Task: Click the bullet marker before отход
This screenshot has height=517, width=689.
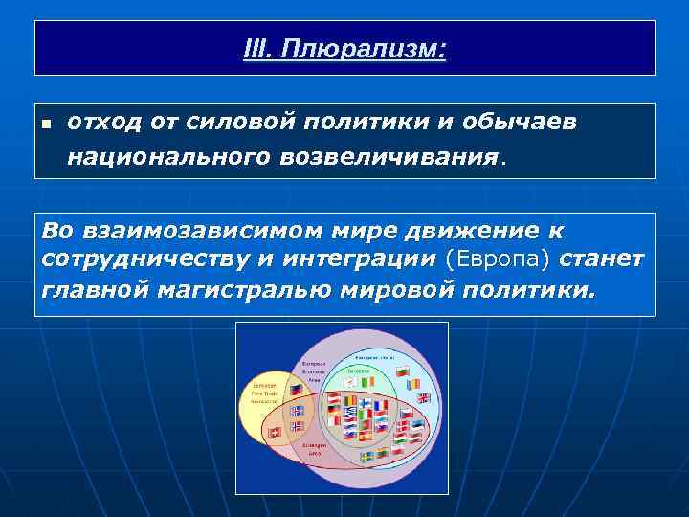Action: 45,124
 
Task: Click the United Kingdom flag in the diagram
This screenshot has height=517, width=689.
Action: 424,397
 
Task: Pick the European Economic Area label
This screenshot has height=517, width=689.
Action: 315,371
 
